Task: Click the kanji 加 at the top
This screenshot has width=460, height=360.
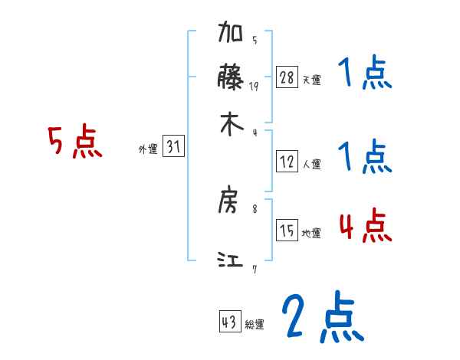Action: click(232, 35)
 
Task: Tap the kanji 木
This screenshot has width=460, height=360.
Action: click(232, 124)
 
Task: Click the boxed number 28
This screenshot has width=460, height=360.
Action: click(287, 77)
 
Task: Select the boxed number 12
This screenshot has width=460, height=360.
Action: click(287, 161)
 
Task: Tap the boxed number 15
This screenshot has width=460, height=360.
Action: click(287, 231)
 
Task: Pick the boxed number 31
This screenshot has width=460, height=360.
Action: click(173, 148)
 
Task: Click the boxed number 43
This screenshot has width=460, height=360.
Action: click(230, 322)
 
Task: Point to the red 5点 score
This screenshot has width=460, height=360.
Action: click(75, 142)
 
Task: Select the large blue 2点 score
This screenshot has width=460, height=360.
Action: click(322, 318)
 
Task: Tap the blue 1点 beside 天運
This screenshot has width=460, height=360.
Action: click(365, 76)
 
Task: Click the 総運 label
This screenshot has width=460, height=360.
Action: click(255, 325)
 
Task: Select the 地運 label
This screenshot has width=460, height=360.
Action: click(311, 234)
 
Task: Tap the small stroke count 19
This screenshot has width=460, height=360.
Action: click(254, 87)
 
